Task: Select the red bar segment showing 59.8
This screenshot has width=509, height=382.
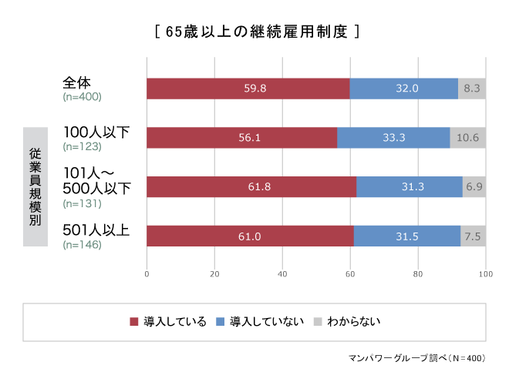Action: pyautogui.click(x=248, y=89)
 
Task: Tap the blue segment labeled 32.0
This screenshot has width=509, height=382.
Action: pyautogui.click(x=403, y=89)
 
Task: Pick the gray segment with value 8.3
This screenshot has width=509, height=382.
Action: pyautogui.click(x=472, y=89)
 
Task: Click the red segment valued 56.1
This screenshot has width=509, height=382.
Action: pyautogui.click(x=241, y=138)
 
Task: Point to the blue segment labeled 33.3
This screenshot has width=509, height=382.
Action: pyautogui.click(x=393, y=138)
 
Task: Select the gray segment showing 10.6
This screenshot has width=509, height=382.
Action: pyautogui.click(x=468, y=138)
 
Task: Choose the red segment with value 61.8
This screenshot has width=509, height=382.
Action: pyautogui.click(x=251, y=187)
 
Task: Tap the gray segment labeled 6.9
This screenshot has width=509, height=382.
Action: pyautogui.click(x=474, y=187)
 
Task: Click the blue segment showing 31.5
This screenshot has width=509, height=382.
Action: pyautogui.click(x=406, y=236)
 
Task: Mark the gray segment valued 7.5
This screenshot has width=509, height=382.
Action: pyautogui.click(x=473, y=236)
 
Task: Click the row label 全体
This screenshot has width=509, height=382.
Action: pyautogui.click(x=78, y=82)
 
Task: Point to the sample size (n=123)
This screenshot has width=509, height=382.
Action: pyautogui.click(x=82, y=146)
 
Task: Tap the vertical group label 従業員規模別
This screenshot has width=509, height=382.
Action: pyautogui.click(x=35, y=187)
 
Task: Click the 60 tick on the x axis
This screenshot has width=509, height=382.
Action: pyautogui.click(x=350, y=273)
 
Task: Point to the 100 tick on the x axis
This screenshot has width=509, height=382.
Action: pyautogui.click(x=485, y=273)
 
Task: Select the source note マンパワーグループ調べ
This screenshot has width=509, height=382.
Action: pyautogui.click(x=416, y=359)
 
